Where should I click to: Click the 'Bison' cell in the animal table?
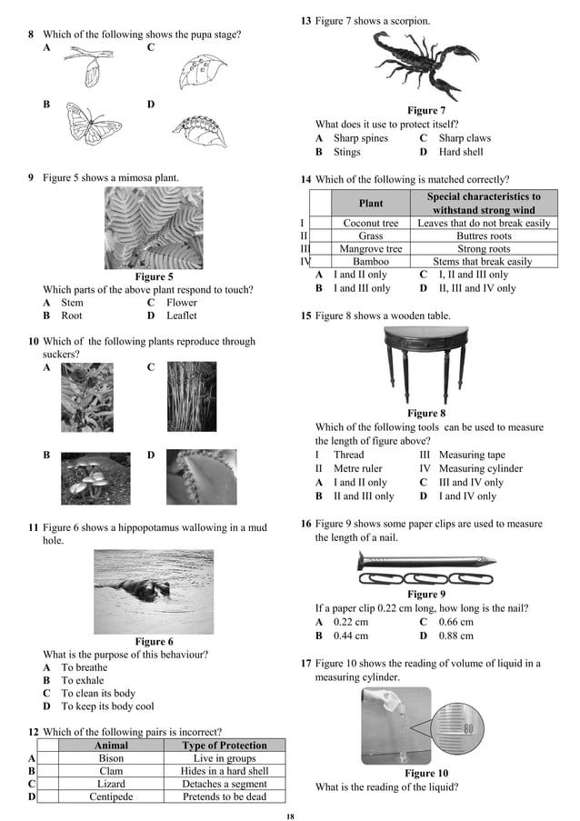[111, 758]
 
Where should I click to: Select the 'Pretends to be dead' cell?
[225, 796]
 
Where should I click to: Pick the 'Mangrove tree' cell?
[370, 248]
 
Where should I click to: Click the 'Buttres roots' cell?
[484, 235]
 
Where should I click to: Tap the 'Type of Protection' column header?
[225, 746]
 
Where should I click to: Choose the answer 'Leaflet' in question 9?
[181, 315]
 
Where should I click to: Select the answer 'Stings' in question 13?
[346, 152]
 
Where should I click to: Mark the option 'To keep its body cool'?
[107, 706]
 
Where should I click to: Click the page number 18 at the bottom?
[290, 816]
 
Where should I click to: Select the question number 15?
[305, 315]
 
